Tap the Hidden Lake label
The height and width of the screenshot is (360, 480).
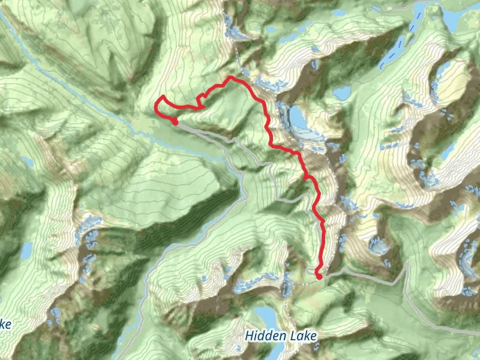(280, 335)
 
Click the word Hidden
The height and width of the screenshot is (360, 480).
(266, 335)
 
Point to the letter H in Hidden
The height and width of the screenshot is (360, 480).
(249, 335)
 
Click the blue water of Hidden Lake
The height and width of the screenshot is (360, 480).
(263, 316)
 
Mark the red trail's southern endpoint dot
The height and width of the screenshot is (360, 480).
(319, 276)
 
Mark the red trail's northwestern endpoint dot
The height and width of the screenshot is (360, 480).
(175, 122)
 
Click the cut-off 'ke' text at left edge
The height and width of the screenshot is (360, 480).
(5, 325)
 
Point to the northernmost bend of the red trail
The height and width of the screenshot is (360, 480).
(229, 78)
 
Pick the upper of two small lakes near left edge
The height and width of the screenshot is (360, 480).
(28, 162)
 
